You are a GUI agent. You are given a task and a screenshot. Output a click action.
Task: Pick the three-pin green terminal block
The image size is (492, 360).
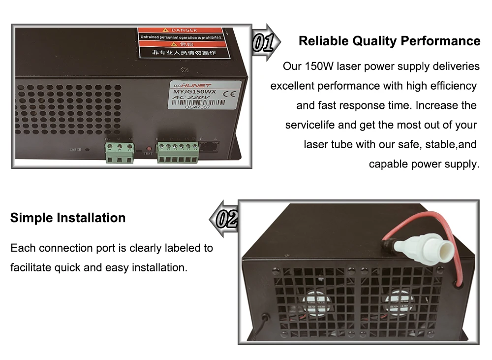(x=119, y=152)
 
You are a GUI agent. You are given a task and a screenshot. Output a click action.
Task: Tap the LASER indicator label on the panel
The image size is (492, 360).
(x=75, y=149)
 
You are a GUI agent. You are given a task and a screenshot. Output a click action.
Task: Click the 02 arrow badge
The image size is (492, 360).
(x=225, y=219)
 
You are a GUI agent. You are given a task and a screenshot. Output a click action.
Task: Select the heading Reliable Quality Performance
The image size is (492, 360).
(x=389, y=41)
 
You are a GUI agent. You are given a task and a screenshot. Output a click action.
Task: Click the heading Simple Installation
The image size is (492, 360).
(x=68, y=218)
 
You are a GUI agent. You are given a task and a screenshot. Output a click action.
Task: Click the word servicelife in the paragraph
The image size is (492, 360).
(x=309, y=125)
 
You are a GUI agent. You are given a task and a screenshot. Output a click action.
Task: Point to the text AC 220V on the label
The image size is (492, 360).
(x=186, y=98)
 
